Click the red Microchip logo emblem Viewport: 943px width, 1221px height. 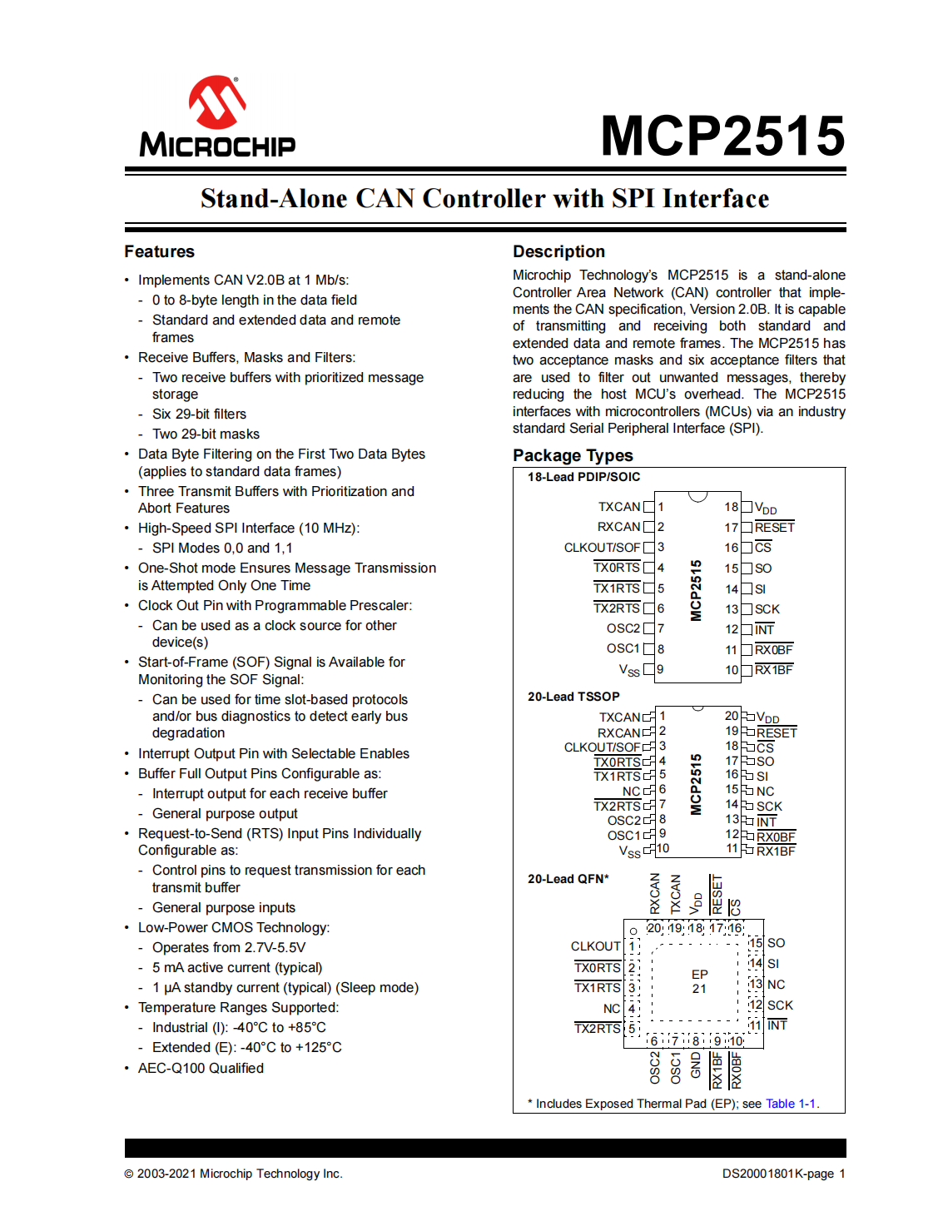point(217,102)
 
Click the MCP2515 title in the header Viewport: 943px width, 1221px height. point(722,136)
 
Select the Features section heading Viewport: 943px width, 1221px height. point(159,251)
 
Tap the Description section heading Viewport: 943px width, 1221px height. point(558,251)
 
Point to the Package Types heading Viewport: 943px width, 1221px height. point(573,455)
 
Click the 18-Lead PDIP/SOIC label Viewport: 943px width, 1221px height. point(583,477)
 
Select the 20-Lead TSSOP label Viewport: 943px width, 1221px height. point(573,697)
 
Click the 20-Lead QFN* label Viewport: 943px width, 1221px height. point(568,879)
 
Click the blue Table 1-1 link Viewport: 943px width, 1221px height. point(790,1104)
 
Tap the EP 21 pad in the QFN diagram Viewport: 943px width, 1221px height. point(699,981)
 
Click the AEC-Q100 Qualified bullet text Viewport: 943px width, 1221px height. point(201,1068)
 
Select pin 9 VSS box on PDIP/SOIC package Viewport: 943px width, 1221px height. point(649,669)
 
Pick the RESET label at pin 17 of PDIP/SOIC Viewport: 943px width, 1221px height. point(774,527)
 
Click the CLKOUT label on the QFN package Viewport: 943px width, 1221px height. point(595,946)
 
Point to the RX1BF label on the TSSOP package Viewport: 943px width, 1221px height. point(776,851)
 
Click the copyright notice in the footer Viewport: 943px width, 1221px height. point(233,1174)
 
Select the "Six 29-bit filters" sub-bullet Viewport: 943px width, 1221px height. point(199,414)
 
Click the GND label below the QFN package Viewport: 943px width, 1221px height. point(696,1065)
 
